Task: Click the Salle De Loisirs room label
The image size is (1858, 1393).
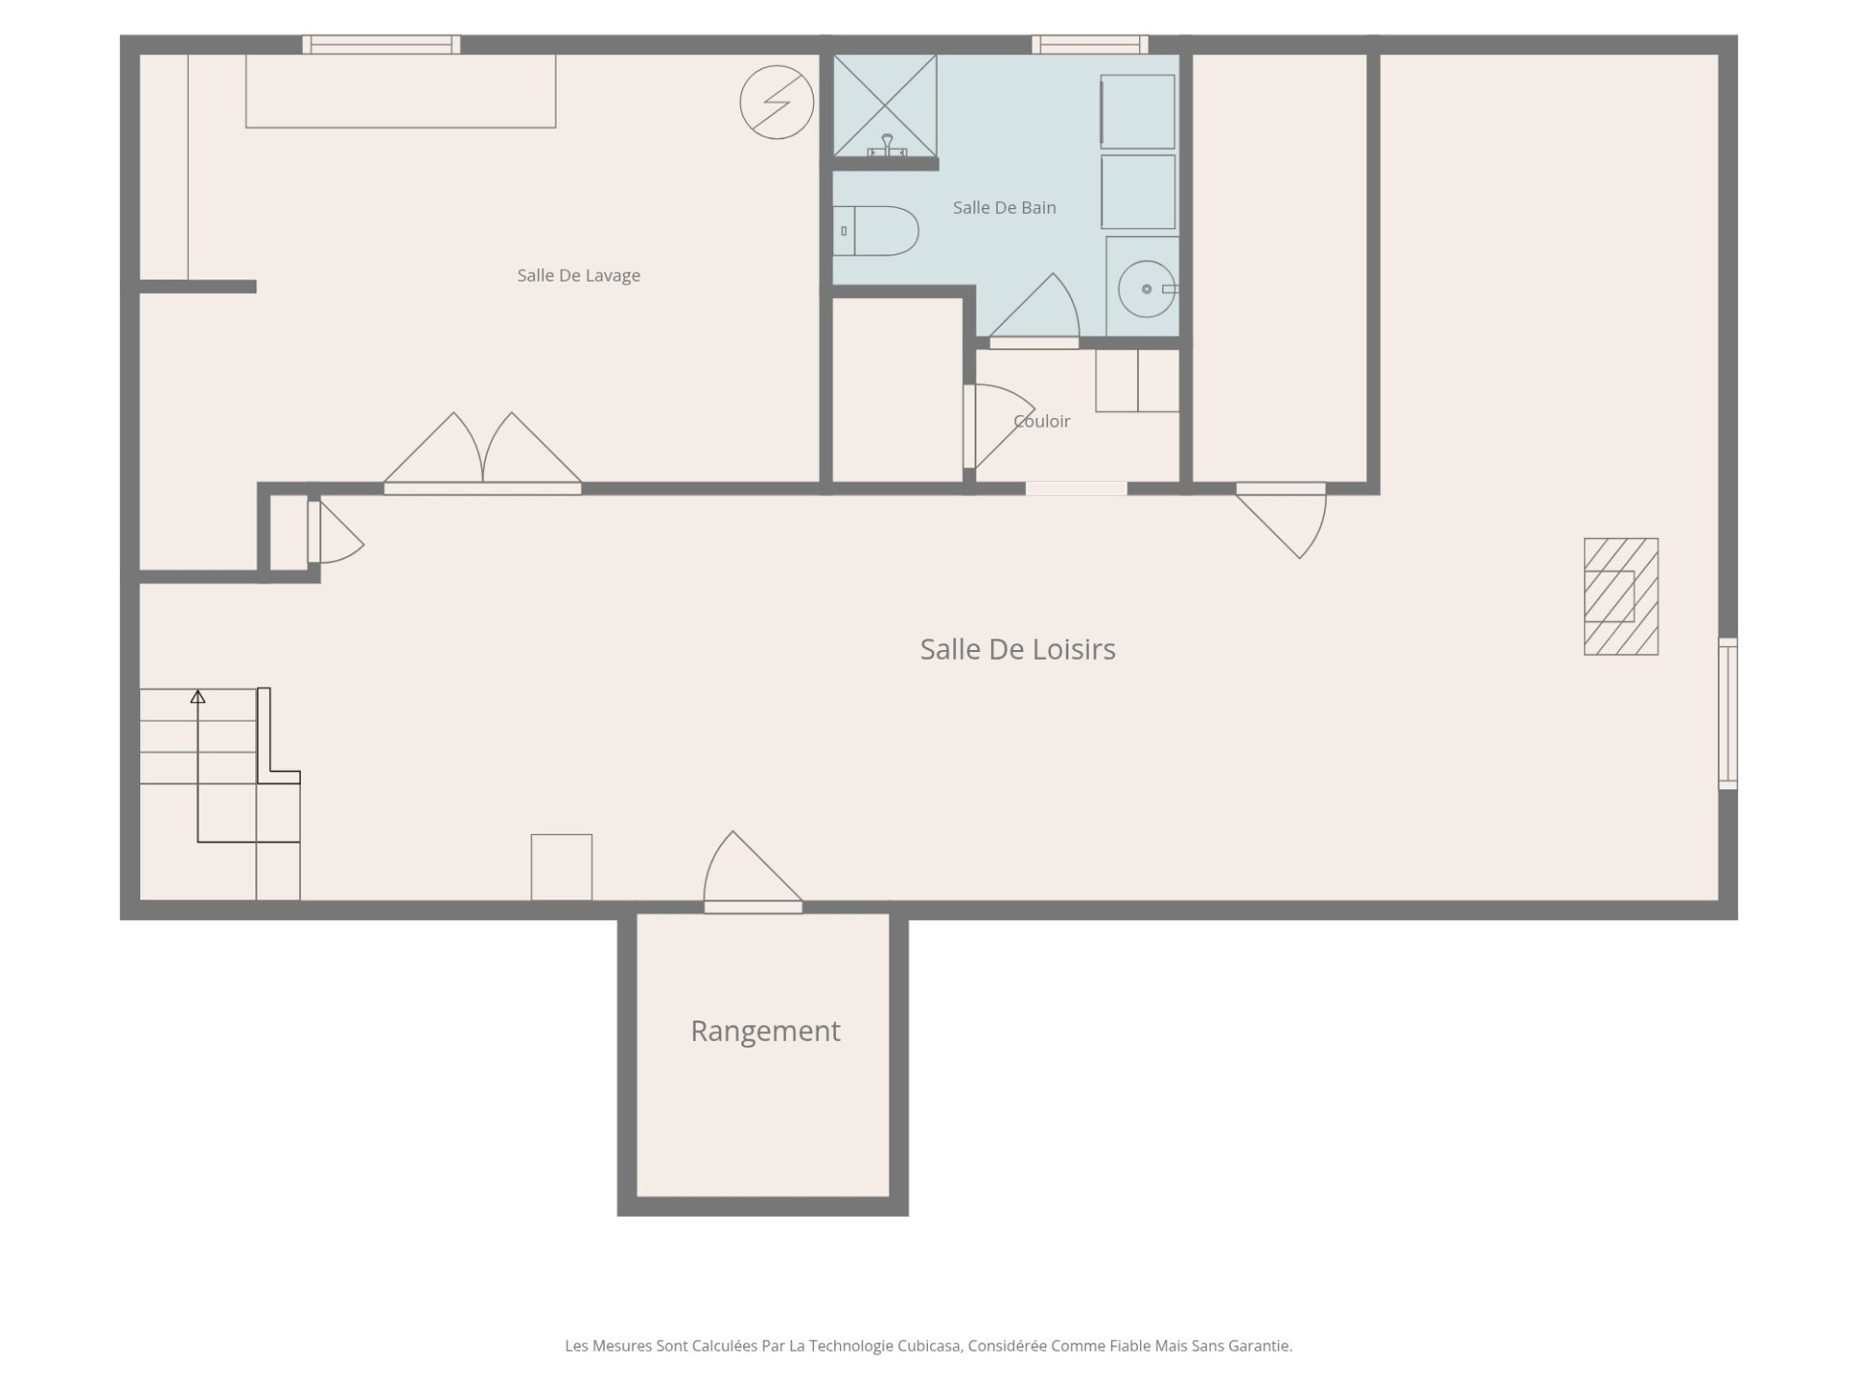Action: pos(1017,649)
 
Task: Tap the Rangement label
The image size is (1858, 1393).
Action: pos(764,1031)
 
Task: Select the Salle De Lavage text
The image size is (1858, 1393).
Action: pos(579,276)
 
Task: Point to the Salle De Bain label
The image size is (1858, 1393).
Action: pos(1004,208)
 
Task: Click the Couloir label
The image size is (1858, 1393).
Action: pos(1042,421)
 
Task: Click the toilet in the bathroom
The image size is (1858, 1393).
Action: pos(876,231)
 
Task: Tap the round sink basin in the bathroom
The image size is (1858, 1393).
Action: pos(1147,288)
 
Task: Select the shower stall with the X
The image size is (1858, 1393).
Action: pos(885,105)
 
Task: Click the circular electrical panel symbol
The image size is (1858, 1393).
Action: pos(777,102)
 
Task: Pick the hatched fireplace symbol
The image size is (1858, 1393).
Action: pos(1621,597)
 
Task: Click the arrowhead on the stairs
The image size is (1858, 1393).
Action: pos(197,696)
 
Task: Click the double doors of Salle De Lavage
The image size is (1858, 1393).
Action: pos(483,453)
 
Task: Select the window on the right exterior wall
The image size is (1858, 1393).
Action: pos(1727,713)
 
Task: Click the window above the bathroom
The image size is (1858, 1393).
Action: pos(1090,44)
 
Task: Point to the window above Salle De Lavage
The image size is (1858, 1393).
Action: pos(381,44)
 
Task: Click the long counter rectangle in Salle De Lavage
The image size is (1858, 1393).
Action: pos(401,91)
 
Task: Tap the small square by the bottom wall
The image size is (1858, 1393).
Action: pos(561,867)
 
